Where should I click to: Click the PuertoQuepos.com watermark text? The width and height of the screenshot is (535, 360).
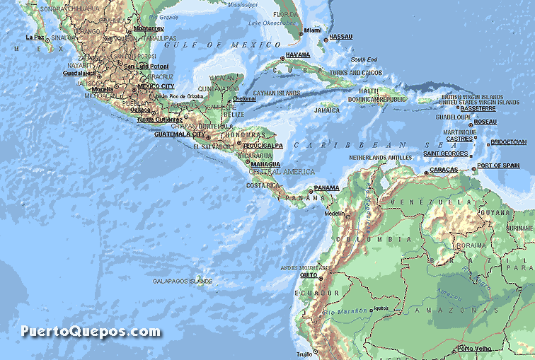(91, 331)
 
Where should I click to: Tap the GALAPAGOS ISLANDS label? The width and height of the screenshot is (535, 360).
(183, 281)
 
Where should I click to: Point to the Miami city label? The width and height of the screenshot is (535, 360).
(313, 30)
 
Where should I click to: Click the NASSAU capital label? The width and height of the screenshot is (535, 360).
(341, 36)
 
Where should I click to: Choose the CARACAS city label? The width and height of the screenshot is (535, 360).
(444, 170)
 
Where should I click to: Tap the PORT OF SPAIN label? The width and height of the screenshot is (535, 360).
(498, 166)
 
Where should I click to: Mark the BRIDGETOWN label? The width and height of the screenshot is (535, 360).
(508, 142)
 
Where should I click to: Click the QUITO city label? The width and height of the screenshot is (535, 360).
(309, 275)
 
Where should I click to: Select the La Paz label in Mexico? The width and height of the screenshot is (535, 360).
(35, 37)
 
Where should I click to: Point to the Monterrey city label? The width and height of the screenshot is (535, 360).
(148, 29)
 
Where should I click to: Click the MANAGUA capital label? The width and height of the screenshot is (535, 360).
(266, 164)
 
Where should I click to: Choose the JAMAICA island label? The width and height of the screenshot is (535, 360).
(327, 110)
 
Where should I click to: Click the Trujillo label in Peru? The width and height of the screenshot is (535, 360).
(303, 353)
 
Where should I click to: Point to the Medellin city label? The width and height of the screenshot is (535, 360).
(335, 213)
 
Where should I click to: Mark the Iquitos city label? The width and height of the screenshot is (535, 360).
(382, 308)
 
